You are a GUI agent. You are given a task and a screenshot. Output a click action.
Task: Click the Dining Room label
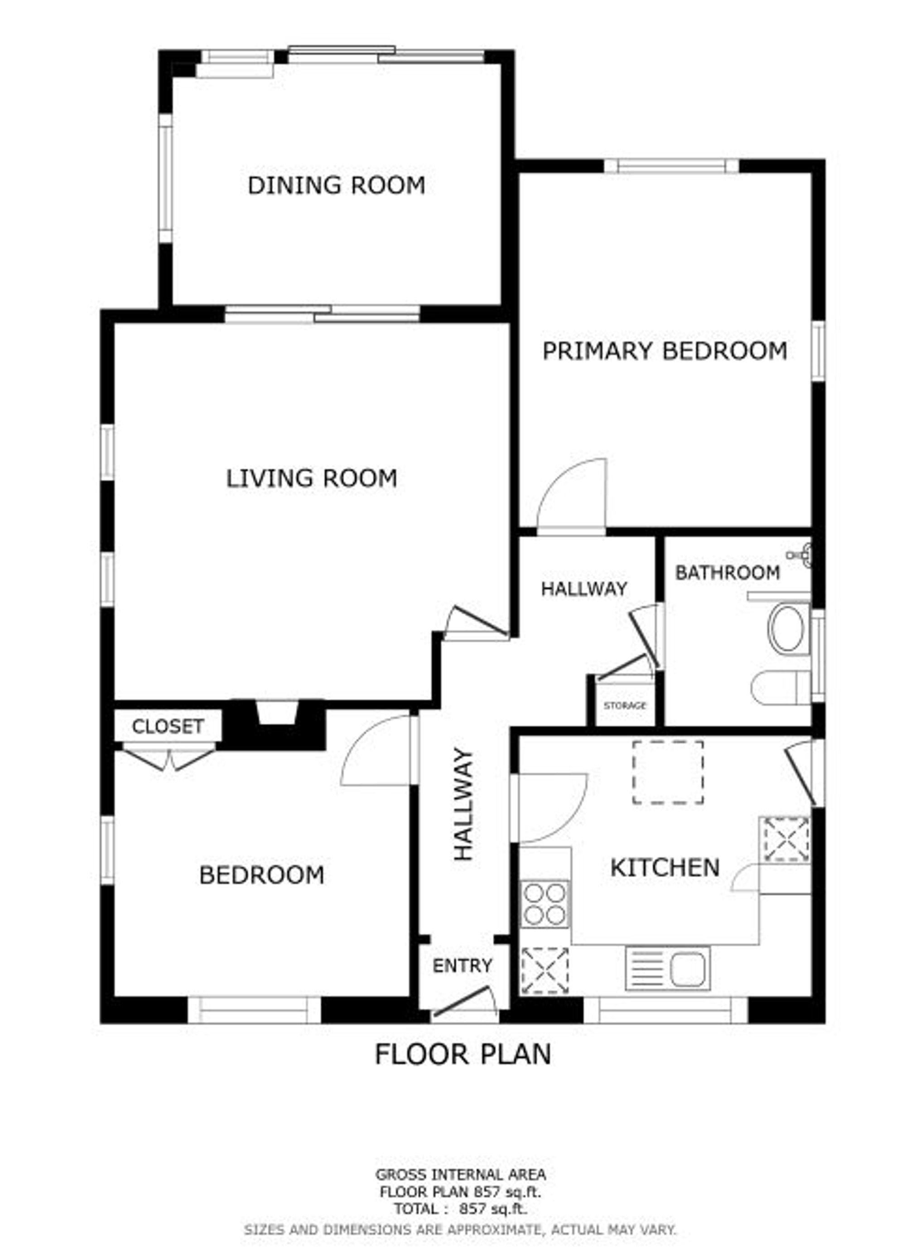336,185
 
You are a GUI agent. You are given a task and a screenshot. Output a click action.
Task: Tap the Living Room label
311,478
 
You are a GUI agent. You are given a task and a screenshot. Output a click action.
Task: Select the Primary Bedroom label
664,351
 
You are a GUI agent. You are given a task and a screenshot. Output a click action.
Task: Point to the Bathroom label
727,573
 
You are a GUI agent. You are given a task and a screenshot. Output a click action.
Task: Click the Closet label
168,726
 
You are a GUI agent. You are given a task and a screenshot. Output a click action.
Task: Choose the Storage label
625,705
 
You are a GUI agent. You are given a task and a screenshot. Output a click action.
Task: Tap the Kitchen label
664,867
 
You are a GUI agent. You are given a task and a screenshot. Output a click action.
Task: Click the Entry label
462,965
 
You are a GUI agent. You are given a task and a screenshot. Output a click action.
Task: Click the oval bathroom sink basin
788,630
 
